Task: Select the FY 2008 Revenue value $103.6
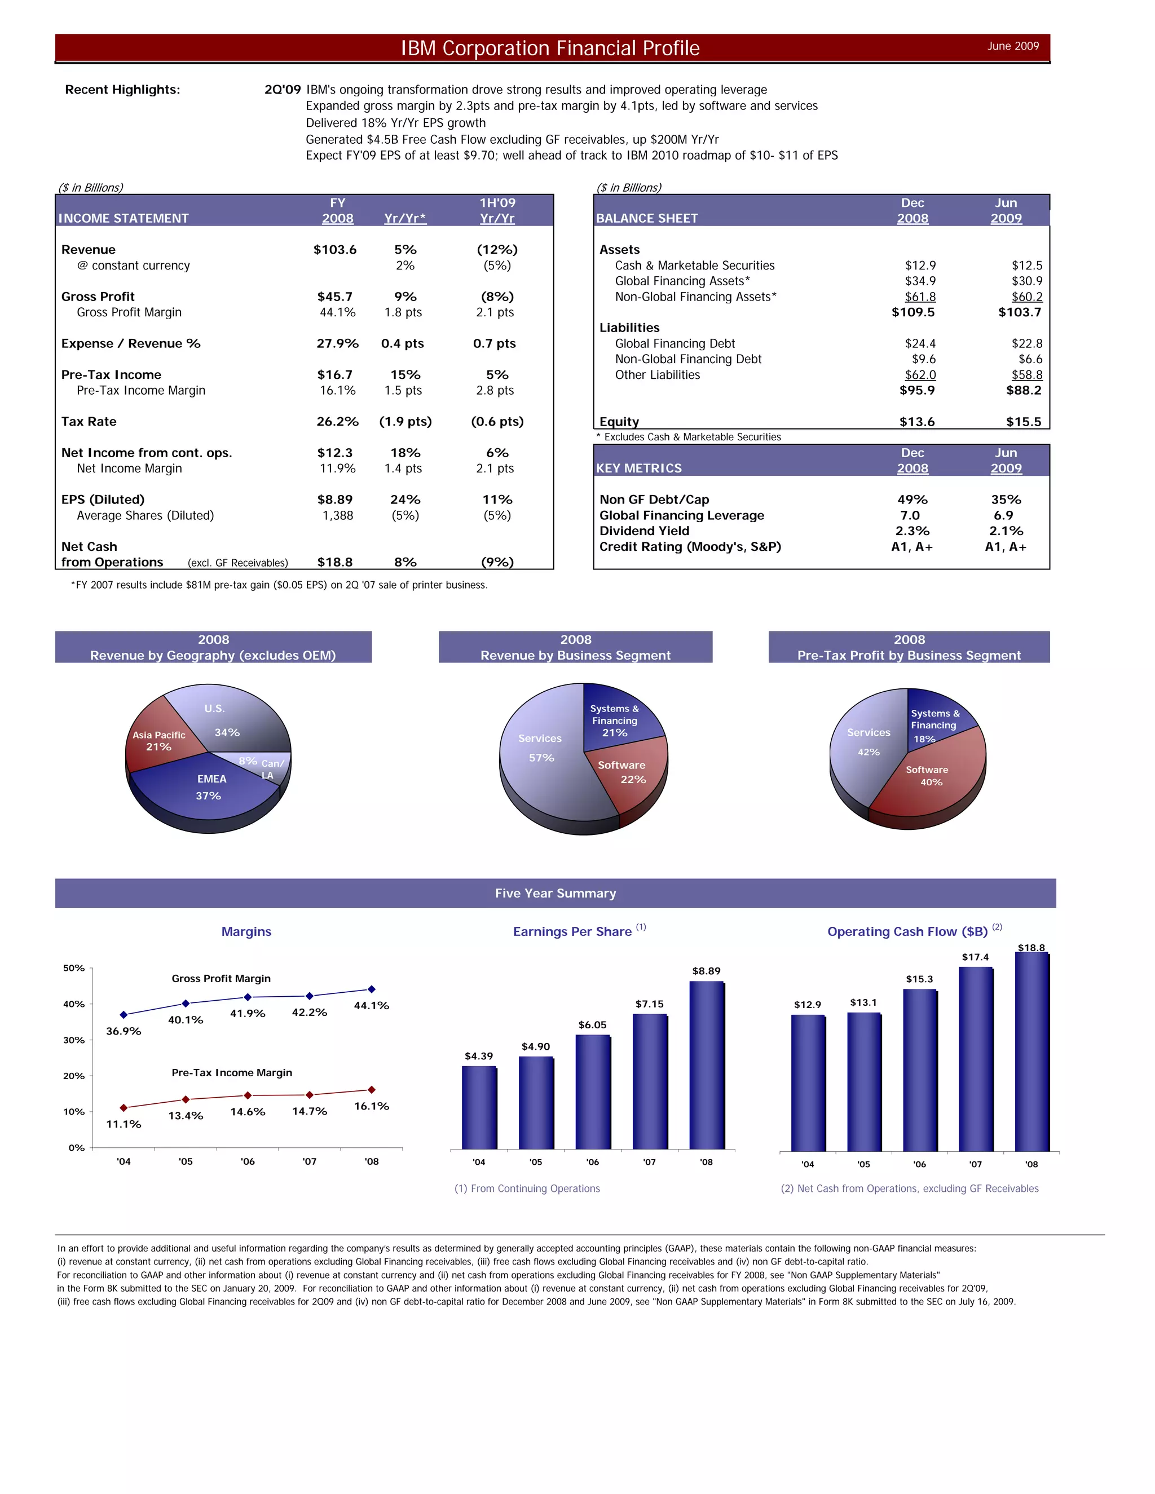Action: pos(334,250)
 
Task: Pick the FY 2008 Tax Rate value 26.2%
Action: pos(337,421)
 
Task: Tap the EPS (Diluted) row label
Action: pos(103,500)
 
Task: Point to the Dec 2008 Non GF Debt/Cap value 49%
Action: pos(912,500)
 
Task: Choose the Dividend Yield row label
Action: pos(644,531)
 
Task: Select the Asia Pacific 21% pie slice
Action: pos(157,742)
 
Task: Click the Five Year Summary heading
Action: pos(555,894)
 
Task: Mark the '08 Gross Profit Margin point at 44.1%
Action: pos(372,989)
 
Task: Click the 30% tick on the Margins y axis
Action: pos(74,1041)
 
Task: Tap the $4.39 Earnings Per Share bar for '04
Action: pos(479,1108)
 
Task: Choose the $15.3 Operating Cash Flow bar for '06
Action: pos(920,1071)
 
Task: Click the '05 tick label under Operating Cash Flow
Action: pos(863,1164)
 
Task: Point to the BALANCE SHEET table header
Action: pos(647,218)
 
